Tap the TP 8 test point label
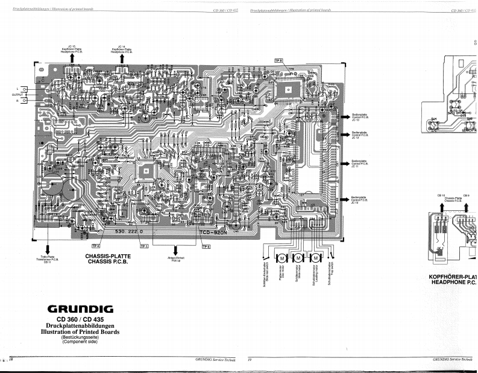(x=278, y=60)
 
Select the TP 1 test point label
(x=144, y=246)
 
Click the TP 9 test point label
(x=206, y=246)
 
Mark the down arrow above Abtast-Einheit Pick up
(x=175, y=249)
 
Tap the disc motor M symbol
(x=281, y=258)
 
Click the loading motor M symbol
(x=316, y=258)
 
